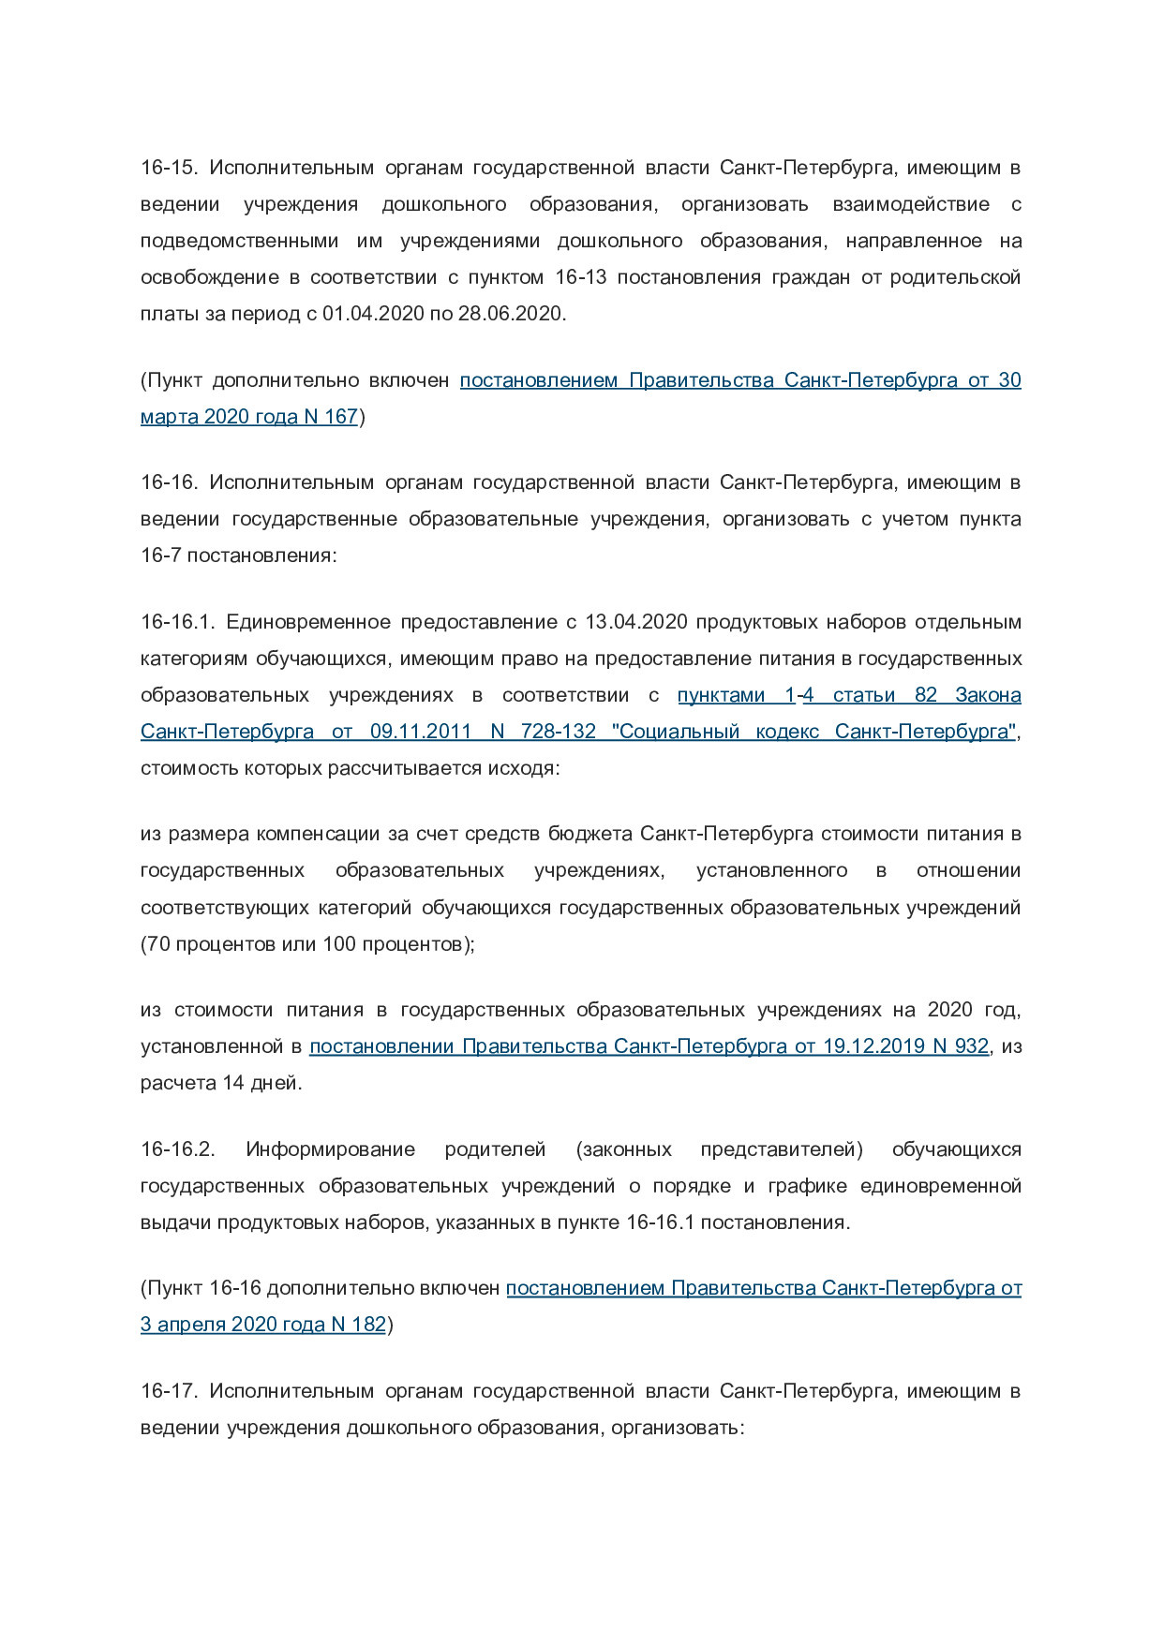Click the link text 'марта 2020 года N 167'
pos(249,417)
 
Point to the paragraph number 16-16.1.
pos(178,622)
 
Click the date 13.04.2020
pos(636,622)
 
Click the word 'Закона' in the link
pos(988,695)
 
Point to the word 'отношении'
pos(968,870)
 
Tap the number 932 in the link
pos(971,1046)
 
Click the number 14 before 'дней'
pos(232,1083)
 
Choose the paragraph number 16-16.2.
pos(178,1149)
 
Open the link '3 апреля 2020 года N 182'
pos(263,1325)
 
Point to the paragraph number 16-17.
pos(169,1391)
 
